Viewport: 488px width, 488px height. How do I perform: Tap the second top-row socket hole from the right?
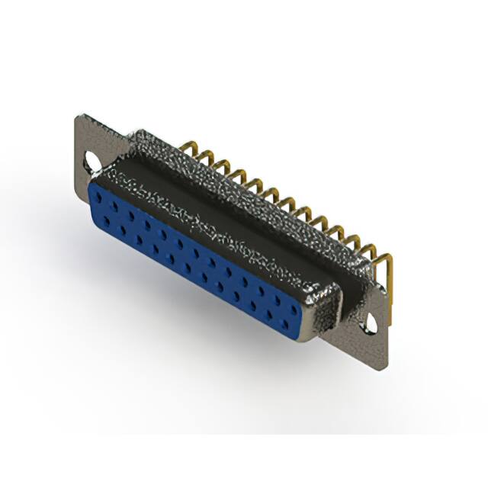click(274, 292)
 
